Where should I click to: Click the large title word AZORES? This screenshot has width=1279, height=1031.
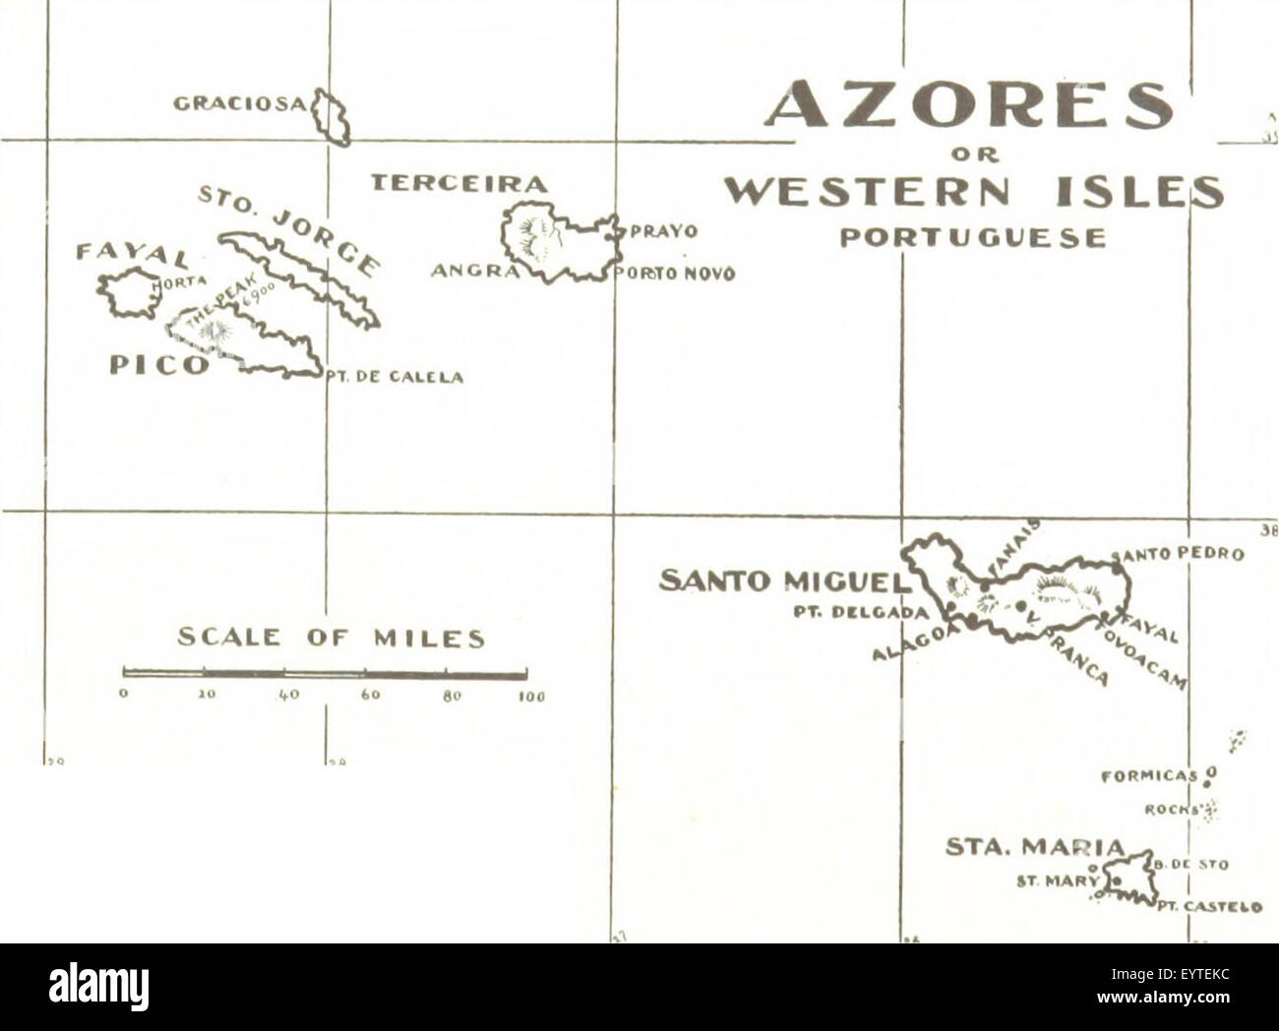tap(969, 104)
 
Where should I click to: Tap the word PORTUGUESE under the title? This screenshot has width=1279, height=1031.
tap(972, 238)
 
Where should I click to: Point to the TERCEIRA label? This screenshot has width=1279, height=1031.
tap(457, 183)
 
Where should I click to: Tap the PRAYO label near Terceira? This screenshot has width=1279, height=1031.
tap(663, 232)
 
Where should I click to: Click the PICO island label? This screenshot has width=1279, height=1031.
tap(158, 365)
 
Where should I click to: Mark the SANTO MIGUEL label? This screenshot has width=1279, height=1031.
tap(780, 581)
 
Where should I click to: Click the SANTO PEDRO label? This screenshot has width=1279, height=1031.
tap(1180, 554)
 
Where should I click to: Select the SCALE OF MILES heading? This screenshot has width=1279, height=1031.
tap(331, 638)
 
